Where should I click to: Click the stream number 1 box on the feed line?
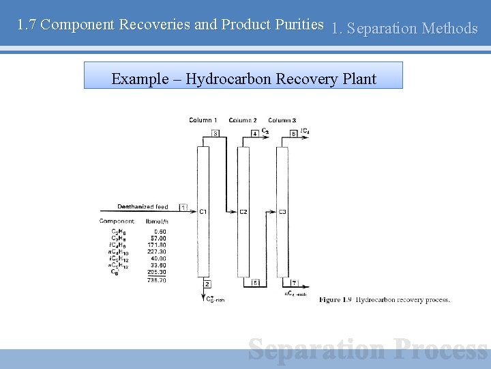183,207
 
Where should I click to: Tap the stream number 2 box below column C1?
207,283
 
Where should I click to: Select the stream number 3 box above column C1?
215,134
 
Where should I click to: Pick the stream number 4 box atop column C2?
254,134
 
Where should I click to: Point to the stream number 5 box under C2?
255,282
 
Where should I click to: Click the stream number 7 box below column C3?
294,282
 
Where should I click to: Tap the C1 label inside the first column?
203,212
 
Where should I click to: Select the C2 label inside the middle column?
243,212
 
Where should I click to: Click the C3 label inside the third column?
282,212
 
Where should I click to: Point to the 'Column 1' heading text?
203,120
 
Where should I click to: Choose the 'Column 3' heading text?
282,120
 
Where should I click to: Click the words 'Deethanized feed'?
143,206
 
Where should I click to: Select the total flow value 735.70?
157,280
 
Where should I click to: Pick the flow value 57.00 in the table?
158,237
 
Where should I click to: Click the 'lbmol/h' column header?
157,221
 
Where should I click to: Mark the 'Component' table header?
117,221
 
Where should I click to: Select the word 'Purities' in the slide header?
299,25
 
